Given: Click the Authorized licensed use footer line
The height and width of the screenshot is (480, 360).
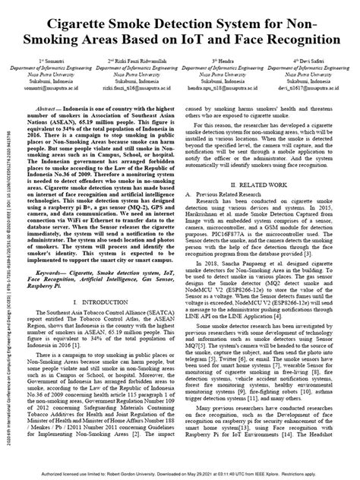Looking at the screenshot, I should [x=179, y=474].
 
